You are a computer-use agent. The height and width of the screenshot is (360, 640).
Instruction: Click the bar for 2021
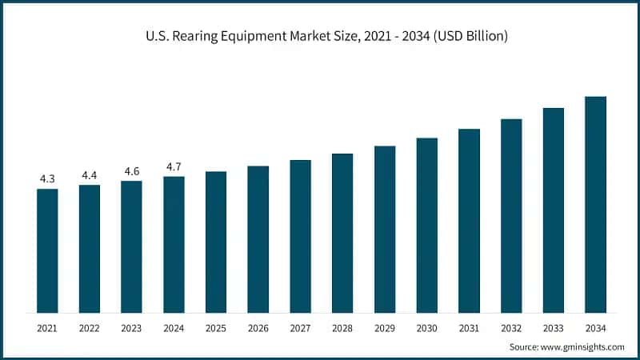point(47,250)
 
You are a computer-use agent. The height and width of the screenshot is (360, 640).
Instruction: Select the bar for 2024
point(174,244)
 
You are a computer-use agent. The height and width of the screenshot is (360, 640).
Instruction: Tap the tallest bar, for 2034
point(595,204)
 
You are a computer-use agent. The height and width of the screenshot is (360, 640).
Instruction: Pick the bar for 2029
point(385,229)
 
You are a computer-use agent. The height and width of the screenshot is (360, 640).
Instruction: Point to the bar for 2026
point(258,239)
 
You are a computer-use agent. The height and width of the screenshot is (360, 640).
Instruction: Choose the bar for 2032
point(511,215)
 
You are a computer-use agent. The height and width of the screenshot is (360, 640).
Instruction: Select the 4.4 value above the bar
point(90,175)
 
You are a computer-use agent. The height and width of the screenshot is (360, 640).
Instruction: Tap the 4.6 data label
point(131,171)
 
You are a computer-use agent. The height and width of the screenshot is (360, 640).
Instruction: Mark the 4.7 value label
point(174,166)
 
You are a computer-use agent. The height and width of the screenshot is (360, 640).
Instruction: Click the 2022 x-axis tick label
point(90,328)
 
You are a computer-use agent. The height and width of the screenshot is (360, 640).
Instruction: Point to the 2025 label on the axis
point(216,328)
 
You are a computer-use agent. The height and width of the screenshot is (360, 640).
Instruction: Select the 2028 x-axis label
point(342,328)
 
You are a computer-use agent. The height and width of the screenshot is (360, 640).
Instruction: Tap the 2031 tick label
point(469,328)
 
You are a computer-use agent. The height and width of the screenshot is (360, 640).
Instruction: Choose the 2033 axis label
point(554,328)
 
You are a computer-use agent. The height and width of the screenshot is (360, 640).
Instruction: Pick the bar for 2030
point(427,225)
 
